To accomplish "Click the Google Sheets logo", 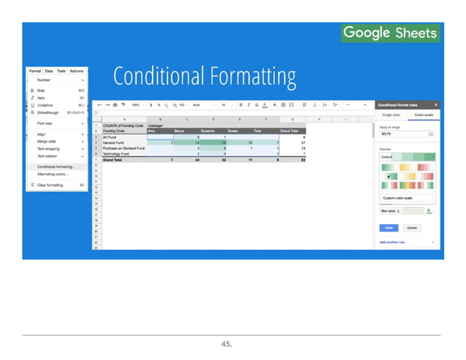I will [390, 33].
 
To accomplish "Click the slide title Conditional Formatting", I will [204, 76].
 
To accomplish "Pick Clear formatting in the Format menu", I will [51, 185].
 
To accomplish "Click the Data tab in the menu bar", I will [49, 71].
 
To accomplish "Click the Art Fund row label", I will [111, 136].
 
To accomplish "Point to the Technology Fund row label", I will [117, 154].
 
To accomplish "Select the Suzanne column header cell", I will [213, 131].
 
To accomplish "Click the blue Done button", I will [389, 227].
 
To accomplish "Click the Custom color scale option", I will [397, 199].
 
